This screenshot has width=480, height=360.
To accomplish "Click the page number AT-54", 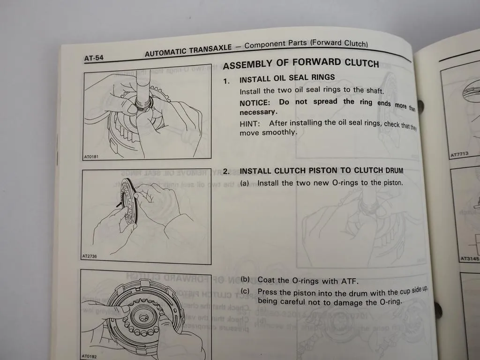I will (94, 58).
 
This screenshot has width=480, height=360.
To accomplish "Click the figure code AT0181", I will (92, 156).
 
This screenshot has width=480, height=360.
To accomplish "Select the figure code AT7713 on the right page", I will (459, 153).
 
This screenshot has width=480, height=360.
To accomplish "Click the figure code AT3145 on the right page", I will (469, 258).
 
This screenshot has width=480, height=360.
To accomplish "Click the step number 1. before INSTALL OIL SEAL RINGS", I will (226, 81).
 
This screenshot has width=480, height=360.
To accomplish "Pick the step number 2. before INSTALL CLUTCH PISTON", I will (226, 172).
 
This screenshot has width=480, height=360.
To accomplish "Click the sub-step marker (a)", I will (245, 183).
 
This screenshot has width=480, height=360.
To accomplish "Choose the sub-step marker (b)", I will (245, 280).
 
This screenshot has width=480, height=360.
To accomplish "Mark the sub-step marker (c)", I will (245, 292).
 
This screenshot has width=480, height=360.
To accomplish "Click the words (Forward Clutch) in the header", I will (338, 43).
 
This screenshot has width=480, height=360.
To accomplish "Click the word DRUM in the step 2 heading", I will (392, 171).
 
